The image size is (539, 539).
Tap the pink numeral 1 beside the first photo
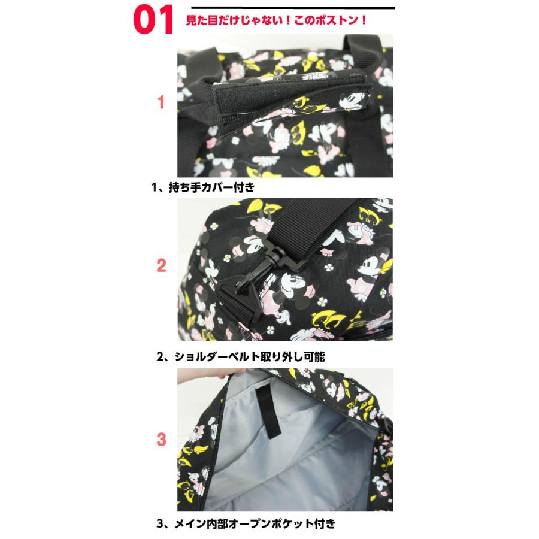click(161, 102)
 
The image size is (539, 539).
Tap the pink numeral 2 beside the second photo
click(161, 265)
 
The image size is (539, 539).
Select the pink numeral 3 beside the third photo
click(161, 439)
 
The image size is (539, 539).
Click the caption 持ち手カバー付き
click(204, 187)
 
